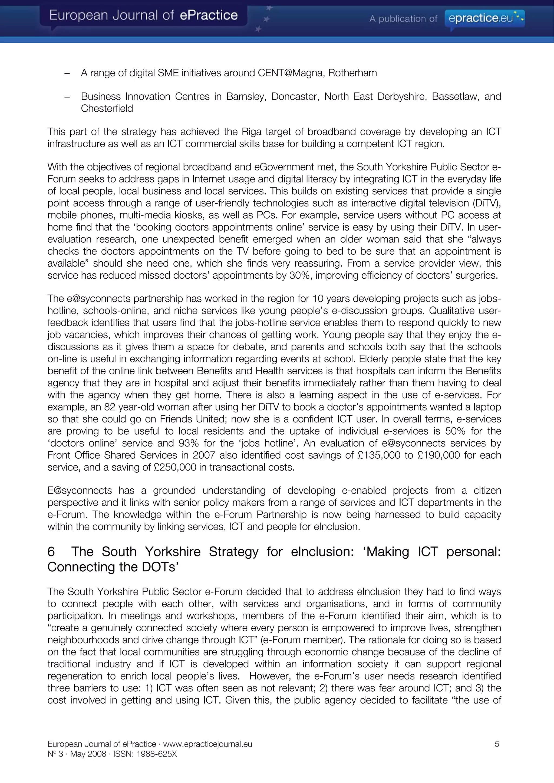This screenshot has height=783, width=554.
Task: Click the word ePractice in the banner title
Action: point(209,15)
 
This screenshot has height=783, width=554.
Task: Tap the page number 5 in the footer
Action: point(497,744)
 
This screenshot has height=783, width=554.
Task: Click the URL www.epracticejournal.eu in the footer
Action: point(207,744)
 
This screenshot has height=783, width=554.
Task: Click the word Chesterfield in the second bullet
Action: point(107,108)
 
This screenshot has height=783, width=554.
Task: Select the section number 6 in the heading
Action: point(51,551)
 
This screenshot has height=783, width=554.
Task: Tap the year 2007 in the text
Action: point(204,455)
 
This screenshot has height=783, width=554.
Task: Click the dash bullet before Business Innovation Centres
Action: point(67,96)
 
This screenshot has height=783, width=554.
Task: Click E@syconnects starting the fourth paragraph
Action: point(80,490)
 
